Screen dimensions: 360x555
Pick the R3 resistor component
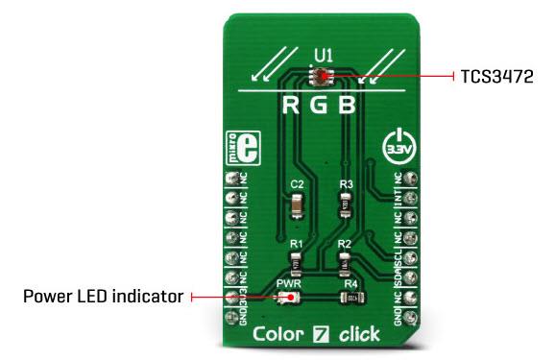click(x=345, y=204)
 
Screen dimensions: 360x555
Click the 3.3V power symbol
click(x=397, y=146)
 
